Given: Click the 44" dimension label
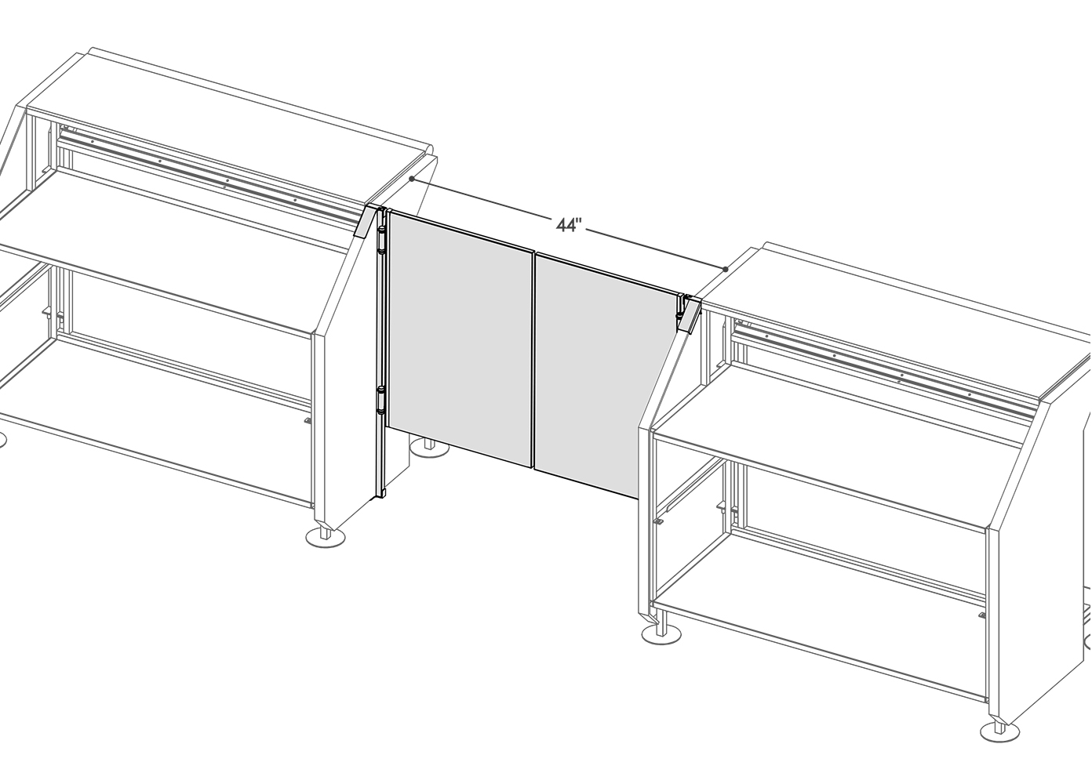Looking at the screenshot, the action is tap(569, 225).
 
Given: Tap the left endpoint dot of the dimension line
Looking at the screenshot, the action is tap(412, 179).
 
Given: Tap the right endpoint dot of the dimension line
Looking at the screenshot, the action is tap(726, 270).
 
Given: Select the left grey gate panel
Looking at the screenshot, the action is tap(460, 339).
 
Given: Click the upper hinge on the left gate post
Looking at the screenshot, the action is tap(380, 240).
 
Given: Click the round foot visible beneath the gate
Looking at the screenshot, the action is tap(428, 447).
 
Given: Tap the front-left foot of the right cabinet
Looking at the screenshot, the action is tap(661, 633).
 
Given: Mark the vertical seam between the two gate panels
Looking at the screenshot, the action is tap(534, 361).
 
